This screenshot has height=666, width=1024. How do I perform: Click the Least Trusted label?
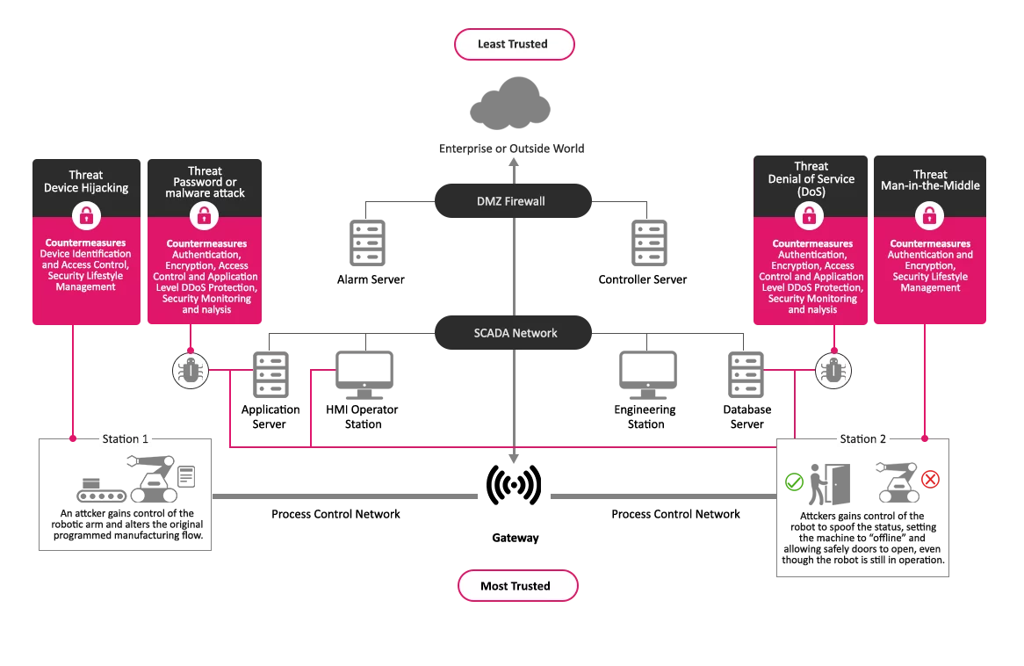pyautogui.click(x=513, y=44)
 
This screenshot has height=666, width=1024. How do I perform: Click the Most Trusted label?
pyautogui.click(x=516, y=586)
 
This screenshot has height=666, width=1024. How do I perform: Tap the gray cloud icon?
pyautogui.click(x=510, y=103)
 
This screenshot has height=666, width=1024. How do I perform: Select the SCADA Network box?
pyautogui.click(x=515, y=333)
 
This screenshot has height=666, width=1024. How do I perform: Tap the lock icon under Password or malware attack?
pyautogui.click(x=204, y=215)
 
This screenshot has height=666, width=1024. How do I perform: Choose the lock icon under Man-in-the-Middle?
pyautogui.click(x=929, y=215)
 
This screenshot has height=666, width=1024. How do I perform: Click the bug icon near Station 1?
pyautogui.click(x=190, y=371)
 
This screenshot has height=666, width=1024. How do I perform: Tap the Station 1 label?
pyautogui.click(x=126, y=438)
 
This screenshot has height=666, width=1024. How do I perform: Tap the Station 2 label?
pyautogui.click(x=862, y=438)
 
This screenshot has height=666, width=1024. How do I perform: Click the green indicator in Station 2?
pyautogui.click(x=794, y=481)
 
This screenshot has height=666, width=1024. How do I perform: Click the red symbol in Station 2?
pyautogui.click(x=929, y=479)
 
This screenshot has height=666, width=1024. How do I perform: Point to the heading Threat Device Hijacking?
pyautogui.click(x=86, y=182)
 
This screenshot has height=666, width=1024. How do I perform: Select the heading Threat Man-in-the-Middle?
pyautogui.click(x=930, y=180)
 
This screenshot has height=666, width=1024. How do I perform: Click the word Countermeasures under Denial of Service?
pyautogui.click(x=812, y=243)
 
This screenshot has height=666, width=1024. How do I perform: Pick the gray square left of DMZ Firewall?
pyautogui.click(x=364, y=242)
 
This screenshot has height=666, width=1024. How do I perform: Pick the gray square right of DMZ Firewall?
pyautogui.click(x=645, y=242)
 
